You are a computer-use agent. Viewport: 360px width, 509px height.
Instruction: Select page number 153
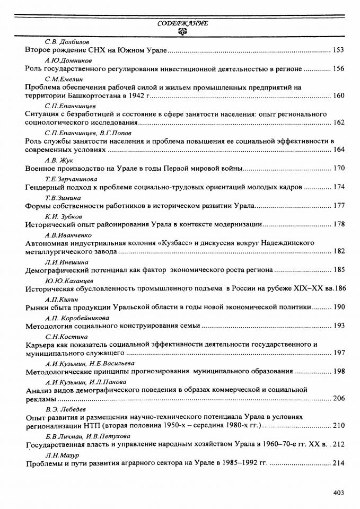[x=338, y=50]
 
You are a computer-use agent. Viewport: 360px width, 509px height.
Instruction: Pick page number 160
[x=338, y=96]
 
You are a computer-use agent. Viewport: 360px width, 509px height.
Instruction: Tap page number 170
[x=338, y=169]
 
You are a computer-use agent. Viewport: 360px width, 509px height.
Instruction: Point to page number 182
[x=338, y=251]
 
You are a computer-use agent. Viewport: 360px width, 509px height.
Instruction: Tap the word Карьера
[x=41, y=344]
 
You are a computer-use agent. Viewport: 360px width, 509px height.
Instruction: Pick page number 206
[x=338, y=398]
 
